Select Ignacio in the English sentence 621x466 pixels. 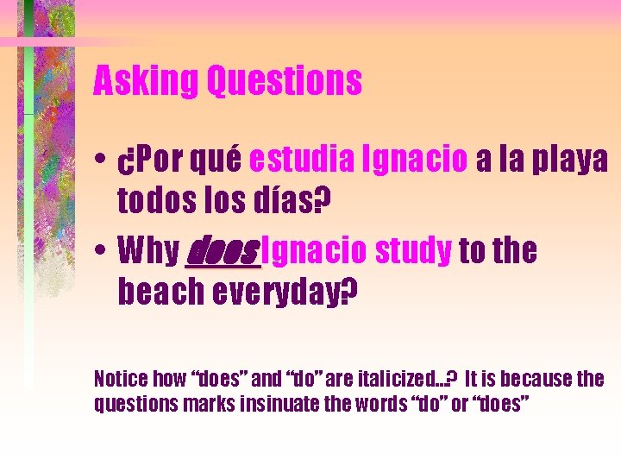[314, 251]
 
